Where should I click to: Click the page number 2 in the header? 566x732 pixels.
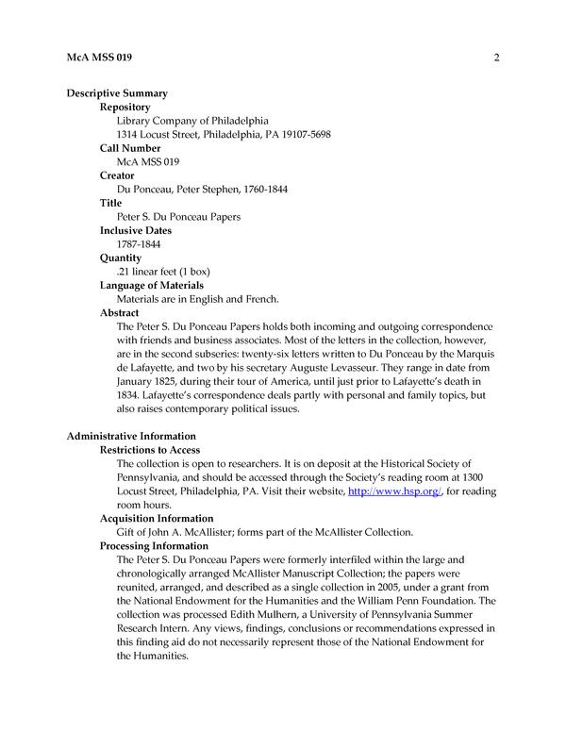coord(495,58)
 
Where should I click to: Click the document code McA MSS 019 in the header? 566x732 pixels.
coord(99,58)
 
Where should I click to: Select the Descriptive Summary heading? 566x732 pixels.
coord(117,93)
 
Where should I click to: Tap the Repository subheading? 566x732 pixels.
coord(131,108)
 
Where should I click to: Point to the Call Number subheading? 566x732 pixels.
coord(130,148)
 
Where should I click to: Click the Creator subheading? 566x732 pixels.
coord(117,175)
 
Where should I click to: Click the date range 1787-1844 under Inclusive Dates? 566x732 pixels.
coord(140,244)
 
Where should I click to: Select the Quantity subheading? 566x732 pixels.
coord(121,258)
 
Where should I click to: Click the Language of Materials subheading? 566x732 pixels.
coord(152,285)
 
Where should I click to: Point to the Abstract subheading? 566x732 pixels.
coord(120,312)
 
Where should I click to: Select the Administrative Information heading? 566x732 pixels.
coord(131,436)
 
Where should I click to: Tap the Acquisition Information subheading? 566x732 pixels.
coord(157,518)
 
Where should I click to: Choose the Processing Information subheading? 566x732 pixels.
coord(155,545)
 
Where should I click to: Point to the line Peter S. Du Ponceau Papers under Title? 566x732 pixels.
coord(178,217)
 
